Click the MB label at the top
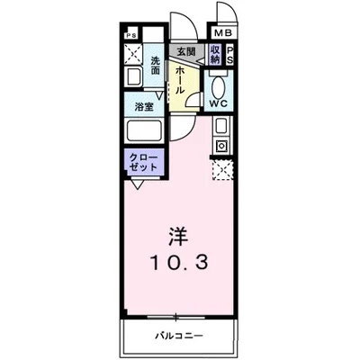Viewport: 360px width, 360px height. (x=221, y=34)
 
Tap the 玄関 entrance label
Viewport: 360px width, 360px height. (x=186, y=52)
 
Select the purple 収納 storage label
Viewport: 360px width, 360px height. (x=216, y=54)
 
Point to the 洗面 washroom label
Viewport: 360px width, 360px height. (x=156, y=67)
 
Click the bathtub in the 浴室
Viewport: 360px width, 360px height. (x=144, y=130)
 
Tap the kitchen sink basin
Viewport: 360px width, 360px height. (x=220, y=124)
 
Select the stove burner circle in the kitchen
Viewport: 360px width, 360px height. (x=220, y=145)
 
